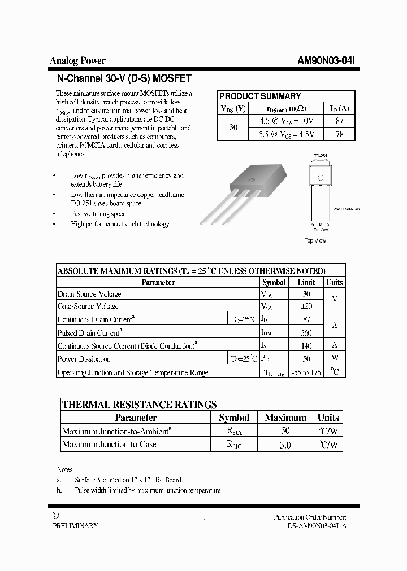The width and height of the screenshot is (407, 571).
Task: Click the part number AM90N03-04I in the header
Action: [326, 61]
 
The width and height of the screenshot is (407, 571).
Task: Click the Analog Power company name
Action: [77, 61]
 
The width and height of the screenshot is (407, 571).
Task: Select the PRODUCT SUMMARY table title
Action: [260, 96]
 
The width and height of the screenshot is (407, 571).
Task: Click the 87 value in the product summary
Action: [339, 121]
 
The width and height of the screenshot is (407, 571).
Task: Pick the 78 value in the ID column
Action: [339, 134]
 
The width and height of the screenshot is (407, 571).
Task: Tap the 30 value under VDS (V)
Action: [233, 128]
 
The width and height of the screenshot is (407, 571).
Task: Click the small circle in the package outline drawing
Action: [321, 178]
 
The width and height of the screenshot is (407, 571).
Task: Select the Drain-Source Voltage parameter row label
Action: [89, 294]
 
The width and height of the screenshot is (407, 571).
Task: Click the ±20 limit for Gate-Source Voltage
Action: [306, 306]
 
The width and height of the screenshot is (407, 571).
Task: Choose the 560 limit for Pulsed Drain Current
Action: [306, 333]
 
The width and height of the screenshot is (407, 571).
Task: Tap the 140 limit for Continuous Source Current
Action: [306, 346]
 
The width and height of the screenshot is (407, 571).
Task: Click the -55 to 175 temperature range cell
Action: [306, 372]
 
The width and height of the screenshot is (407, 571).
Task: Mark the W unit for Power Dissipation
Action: [335, 358]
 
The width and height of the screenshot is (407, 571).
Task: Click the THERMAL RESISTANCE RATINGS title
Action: [139, 405]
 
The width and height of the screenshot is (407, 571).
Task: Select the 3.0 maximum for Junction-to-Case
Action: [285, 445]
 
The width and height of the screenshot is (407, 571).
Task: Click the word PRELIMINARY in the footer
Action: [75, 525]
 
